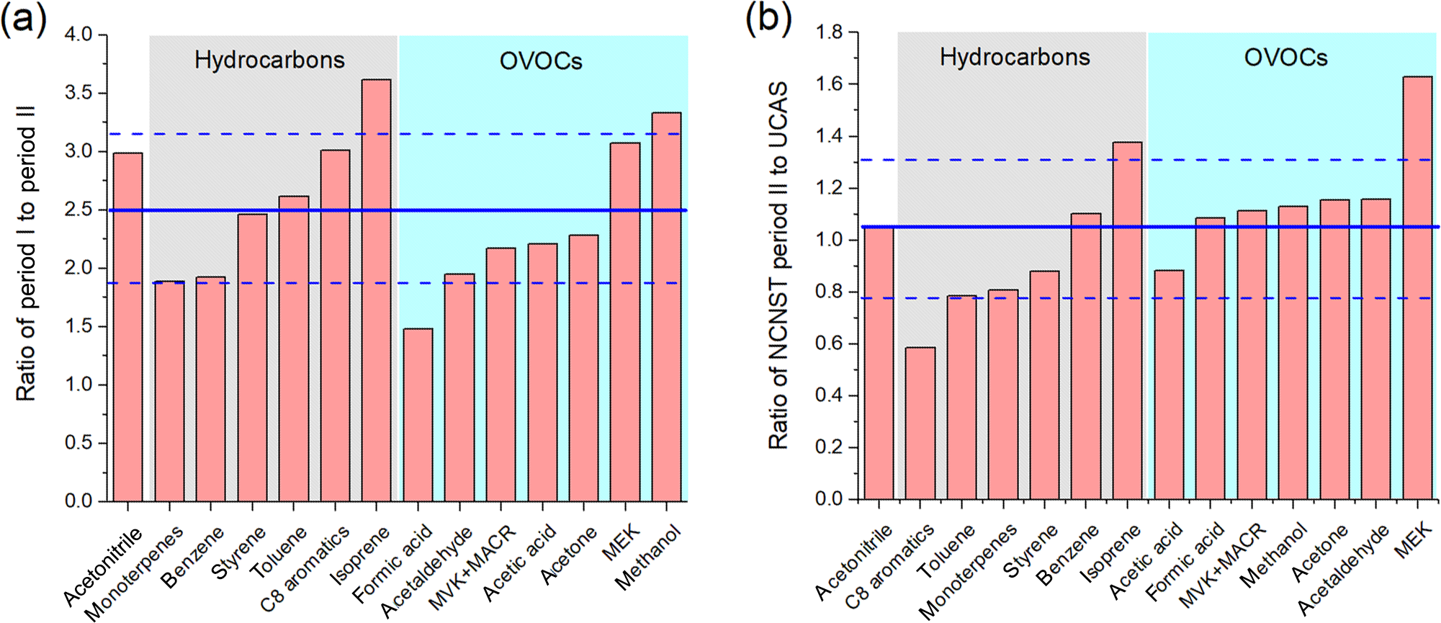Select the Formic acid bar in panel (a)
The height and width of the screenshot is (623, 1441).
pyautogui.click(x=418, y=415)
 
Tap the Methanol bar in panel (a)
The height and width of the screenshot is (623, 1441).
pyautogui.click(x=666, y=306)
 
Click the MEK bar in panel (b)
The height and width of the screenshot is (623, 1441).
pyautogui.click(x=1417, y=288)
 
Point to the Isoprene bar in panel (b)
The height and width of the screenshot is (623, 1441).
pyautogui.click(x=1127, y=321)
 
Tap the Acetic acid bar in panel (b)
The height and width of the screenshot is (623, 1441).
pyautogui.click(x=1168, y=385)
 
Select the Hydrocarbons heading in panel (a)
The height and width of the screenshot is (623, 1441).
pyautogui.click(x=269, y=60)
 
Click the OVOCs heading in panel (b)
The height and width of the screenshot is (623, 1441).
pyautogui.click(x=1285, y=58)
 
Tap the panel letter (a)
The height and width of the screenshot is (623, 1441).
pyautogui.click(x=24, y=19)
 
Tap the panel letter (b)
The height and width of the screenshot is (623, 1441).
pyautogui.click(x=768, y=19)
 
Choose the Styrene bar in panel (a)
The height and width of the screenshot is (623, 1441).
pyautogui.click(x=252, y=357)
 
